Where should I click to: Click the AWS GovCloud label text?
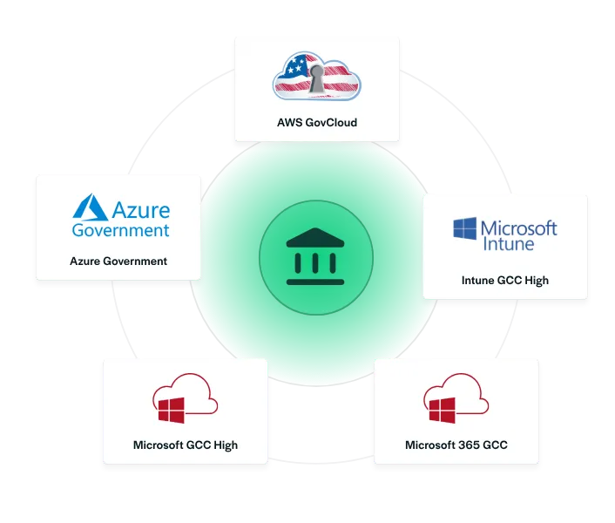point(316,122)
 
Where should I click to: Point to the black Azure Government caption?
point(118,261)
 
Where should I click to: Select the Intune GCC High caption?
point(505,281)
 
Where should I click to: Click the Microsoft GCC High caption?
point(186,445)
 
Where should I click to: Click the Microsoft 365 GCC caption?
point(456,445)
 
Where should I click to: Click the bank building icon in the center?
point(315,257)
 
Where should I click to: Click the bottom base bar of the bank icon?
point(315,282)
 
